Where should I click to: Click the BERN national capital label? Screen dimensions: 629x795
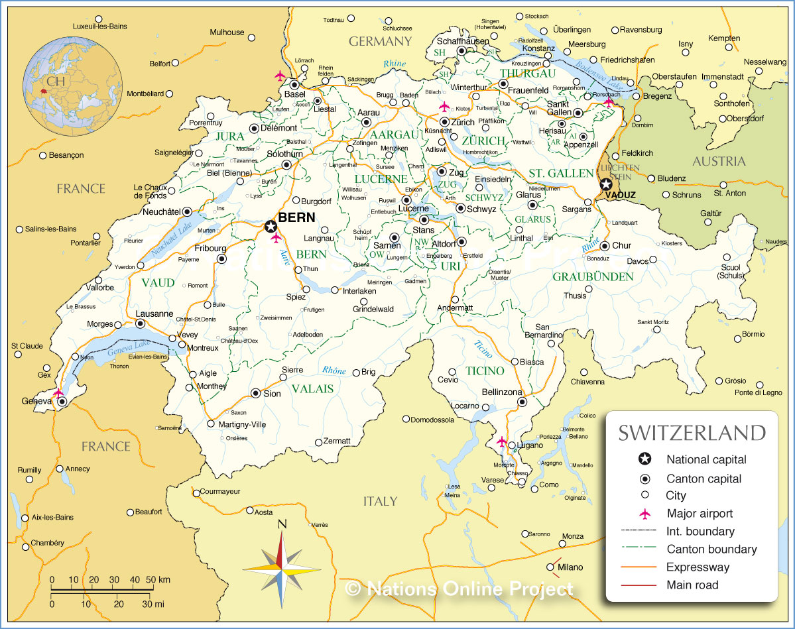pyautogui.click(x=296, y=217)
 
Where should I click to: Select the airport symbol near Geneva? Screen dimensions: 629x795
pyautogui.click(x=58, y=393)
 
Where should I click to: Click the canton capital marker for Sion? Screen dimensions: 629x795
pyautogui.click(x=256, y=393)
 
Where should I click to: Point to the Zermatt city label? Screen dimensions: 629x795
pyautogui.click(x=336, y=441)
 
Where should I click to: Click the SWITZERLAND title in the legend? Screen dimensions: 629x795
pyautogui.click(x=692, y=433)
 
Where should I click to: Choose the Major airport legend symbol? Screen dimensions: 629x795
pyautogui.click(x=644, y=514)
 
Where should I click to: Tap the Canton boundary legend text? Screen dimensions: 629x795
pyautogui.click(x=711, y=549)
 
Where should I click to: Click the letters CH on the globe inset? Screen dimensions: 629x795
pyautogui.click(x=56, y=81)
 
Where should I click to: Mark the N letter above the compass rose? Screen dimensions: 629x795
pyautogui.click(x=282, y=524)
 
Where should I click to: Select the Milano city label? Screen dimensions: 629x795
pyautogui.click(x=570, y=567)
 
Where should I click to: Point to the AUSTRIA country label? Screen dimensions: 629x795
pyautogui.click(x=719, y=161)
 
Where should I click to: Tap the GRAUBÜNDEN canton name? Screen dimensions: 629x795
pyautogui.click(x=593, y=276)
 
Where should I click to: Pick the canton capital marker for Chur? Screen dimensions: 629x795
pyautogui.click(x=604, y=245)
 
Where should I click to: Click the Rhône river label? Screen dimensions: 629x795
pyautogui.click(x=334, y=371)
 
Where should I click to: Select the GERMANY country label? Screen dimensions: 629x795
pyautogui.click(x=380, y=41)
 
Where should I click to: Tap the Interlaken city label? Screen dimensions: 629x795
pyautogui.click(x=359, y=291)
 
